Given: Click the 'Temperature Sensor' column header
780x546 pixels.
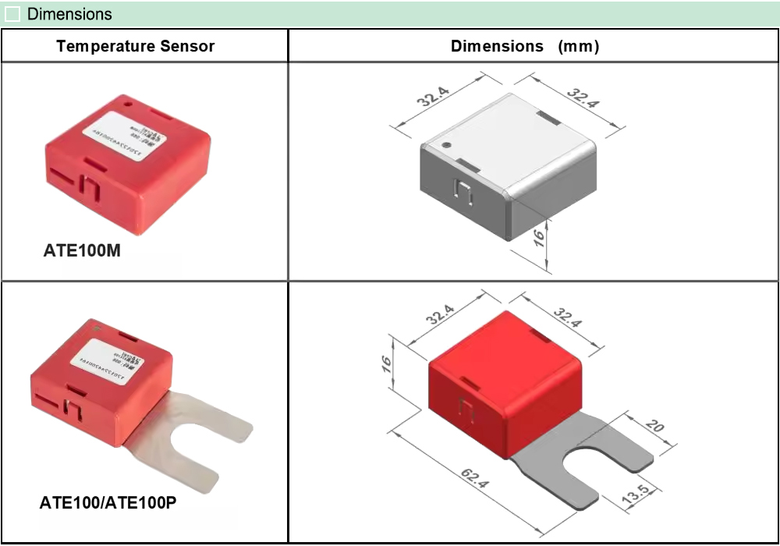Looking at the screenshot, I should point(135,46).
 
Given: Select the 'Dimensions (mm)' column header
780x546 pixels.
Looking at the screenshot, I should point(525,46).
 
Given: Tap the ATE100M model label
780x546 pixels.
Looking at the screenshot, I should point(81,252).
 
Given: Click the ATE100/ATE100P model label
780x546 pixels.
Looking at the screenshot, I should point(108,503).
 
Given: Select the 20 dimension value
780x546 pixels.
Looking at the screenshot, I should point(655,427).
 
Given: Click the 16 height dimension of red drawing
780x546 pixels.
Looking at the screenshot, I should point(388,364).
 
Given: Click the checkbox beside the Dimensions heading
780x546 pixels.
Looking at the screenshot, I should point(12,15).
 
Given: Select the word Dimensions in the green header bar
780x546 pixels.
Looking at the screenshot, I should point(69,15).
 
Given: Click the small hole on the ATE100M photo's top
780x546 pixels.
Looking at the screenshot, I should point(128,102).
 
